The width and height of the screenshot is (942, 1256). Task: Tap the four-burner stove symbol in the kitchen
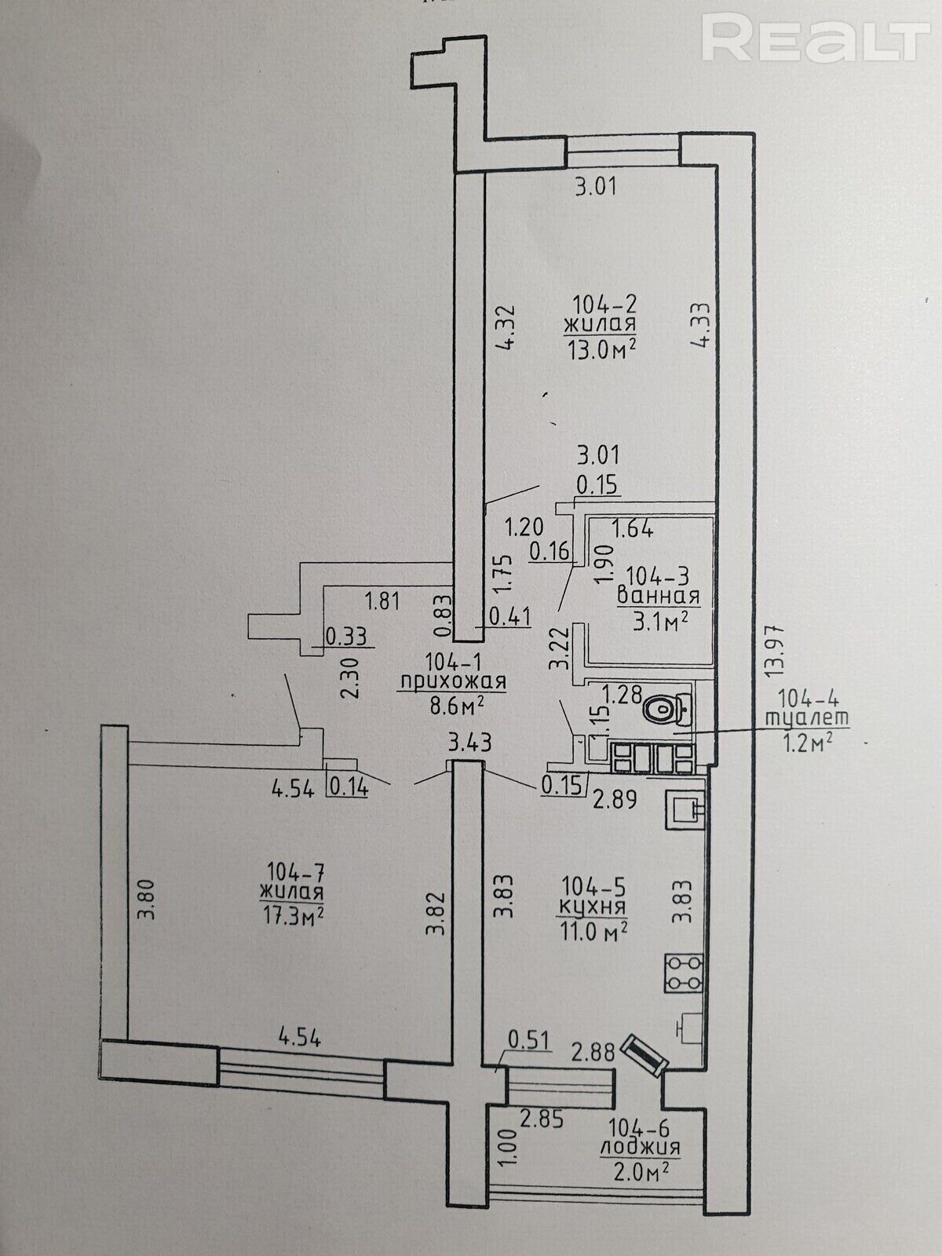click(x=684, y=973)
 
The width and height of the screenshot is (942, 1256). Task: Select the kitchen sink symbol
click(x=685, y=809)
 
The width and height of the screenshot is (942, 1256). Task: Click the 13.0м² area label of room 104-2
click(x=601, y=348)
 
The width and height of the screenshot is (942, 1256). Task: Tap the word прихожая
click(x=452, y=682)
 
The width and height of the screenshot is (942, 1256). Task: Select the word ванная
click(x=659, y=596)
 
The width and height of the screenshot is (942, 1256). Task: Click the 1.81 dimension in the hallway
click(x=382, y=601)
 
